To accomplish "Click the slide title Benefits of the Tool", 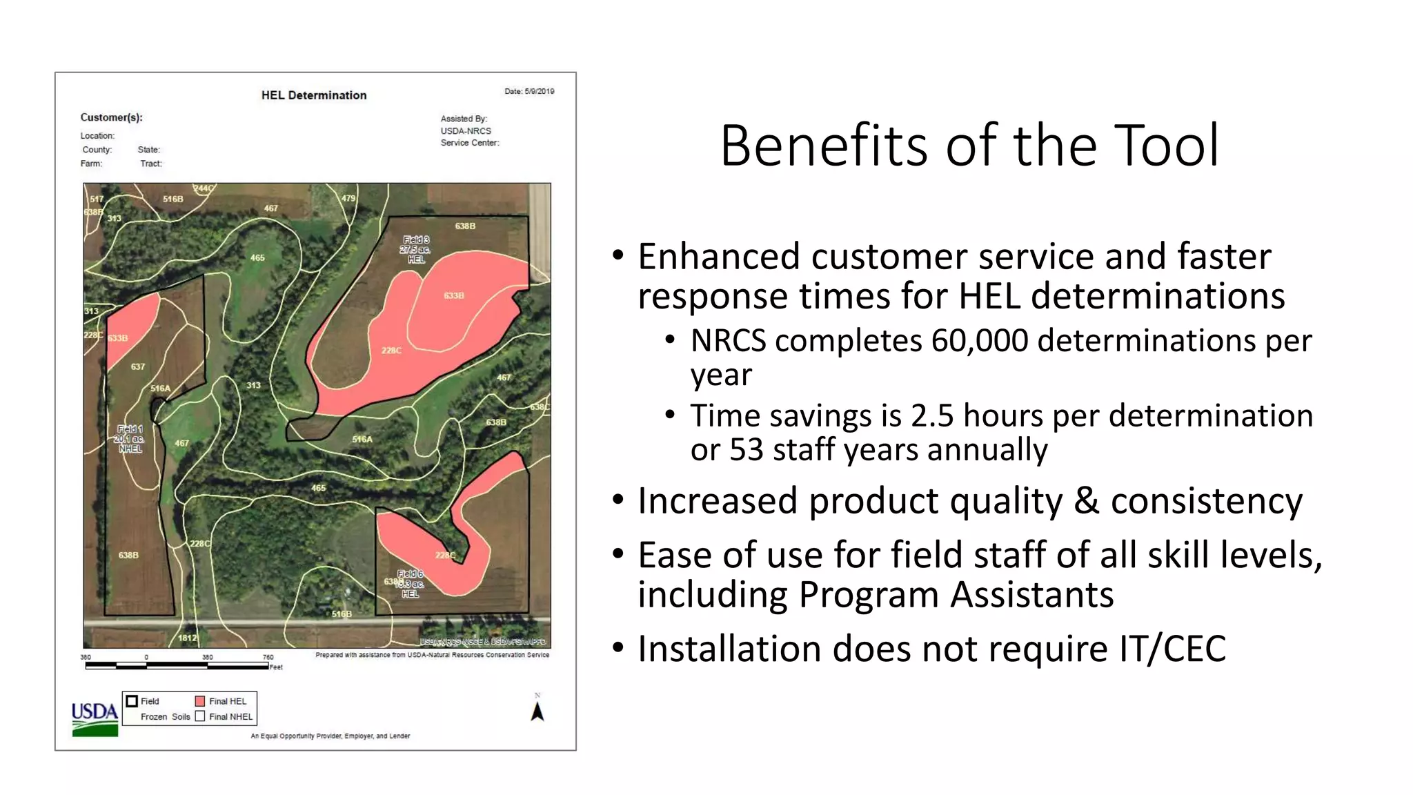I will pos(969,146).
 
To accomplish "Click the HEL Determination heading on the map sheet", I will pos(314,95).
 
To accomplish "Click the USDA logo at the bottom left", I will pos(95,718).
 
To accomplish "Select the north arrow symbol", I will pos(537,711).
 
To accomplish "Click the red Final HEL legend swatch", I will pos(200,701).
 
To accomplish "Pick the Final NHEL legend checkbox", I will pos(200,716).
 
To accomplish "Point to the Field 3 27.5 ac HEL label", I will pos(415,249).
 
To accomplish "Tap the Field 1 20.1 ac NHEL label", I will pos(130,439).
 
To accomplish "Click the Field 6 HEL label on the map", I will pos(410,584).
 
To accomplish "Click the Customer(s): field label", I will pos(111,117).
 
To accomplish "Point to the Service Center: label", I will pos(470,143).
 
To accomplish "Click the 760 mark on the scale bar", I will pos(268,657).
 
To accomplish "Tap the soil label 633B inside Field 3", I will pos(453,295).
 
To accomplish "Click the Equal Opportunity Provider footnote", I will pos(330,736).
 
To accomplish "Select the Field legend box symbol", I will pos(132,701).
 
